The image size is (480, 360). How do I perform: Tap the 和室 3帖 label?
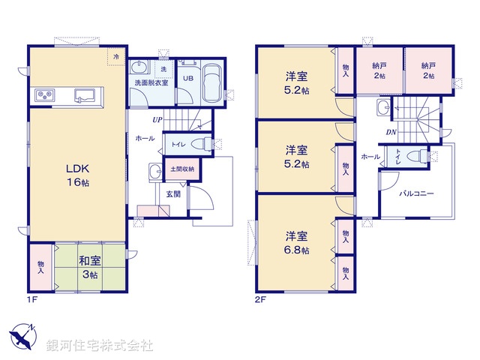pos(90,268)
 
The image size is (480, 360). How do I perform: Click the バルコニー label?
pos(416,193)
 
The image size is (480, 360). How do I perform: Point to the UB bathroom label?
pos(189,79)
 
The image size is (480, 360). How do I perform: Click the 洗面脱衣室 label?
pos(150,82)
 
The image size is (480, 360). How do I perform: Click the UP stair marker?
pos(157,119)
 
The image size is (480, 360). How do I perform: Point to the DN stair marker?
pos(391,133)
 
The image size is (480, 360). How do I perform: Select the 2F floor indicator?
pos(259,300)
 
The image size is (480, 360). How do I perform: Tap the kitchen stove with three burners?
pos(44,94)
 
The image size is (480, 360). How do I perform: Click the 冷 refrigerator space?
pos(115,56)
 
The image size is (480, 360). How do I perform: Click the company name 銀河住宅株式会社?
pos(99,345)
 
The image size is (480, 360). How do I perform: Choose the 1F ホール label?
pos(145,139)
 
